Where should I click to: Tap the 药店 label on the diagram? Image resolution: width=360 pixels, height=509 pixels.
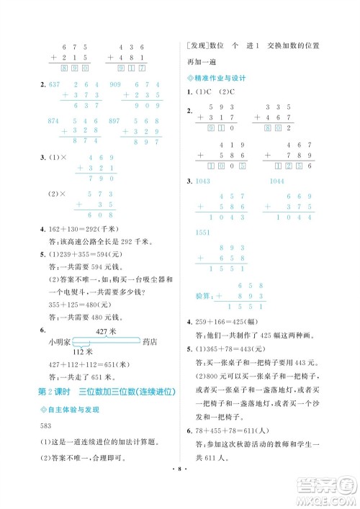150,341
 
